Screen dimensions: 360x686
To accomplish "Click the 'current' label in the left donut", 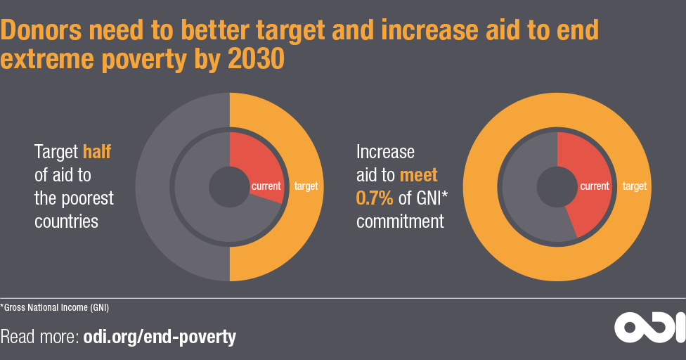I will point(266,186).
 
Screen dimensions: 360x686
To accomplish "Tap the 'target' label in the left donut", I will point(306,186).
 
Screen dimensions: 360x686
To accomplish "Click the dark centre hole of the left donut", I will point(229,187).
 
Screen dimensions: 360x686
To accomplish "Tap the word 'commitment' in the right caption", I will point(400,221).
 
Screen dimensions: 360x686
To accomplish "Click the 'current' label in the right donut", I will point(594,186).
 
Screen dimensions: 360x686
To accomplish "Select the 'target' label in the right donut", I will point(634,186).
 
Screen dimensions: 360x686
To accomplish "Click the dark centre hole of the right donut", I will point(557,187).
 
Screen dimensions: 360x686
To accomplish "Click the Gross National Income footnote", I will point(55,307).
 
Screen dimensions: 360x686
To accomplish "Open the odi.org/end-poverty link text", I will point(160,337).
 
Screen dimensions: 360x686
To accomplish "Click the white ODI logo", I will point(649,326).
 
